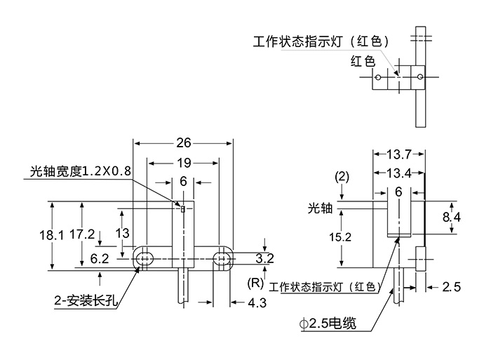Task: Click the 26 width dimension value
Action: pos(183,143)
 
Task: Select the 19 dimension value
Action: pos(183,163)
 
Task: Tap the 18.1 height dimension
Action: pos(51,236)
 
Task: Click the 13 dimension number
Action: pos(122,232)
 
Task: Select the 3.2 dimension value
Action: pos(264,259)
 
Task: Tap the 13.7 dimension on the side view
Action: pos(398,154)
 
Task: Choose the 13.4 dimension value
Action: pos(398,173)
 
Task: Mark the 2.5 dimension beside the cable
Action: pos(452,286)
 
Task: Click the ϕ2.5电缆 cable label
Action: pos(326,324)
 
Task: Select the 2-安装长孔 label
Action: pos(84,302)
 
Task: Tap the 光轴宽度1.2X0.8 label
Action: pos(81,171)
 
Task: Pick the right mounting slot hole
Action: pos(223,258)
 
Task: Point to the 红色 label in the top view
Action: pos(363,61)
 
